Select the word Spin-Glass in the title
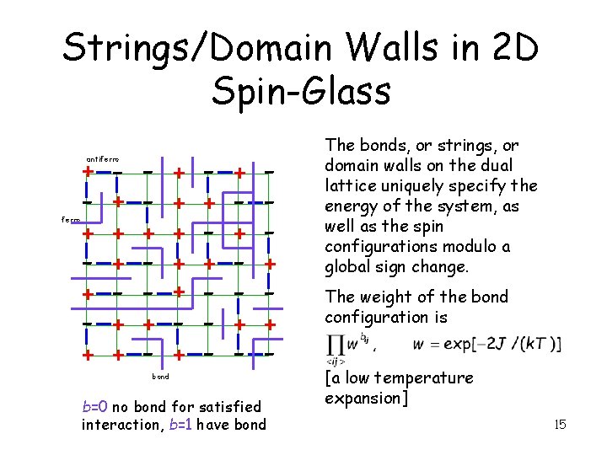point(301,91)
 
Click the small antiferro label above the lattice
point(103,159)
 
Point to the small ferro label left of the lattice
point(71,219)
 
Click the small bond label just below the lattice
point(160,376)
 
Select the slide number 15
point(560,425)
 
